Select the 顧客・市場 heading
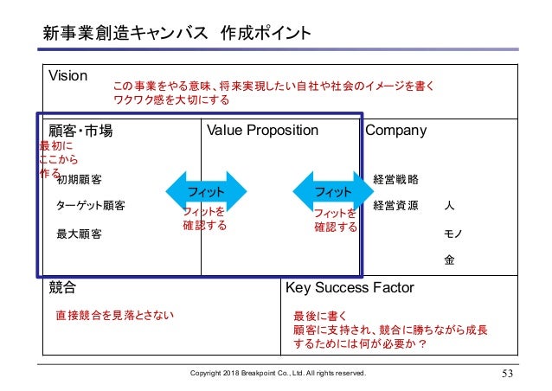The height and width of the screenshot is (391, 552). (80, 131)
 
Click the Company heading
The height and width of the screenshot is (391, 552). (396, 131)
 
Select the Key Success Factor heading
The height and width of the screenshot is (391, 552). (350, 287)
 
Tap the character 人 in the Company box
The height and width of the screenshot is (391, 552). (449, 207)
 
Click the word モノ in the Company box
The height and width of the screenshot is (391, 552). (450, 233)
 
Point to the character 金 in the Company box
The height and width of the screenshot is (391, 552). (449, 259)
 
